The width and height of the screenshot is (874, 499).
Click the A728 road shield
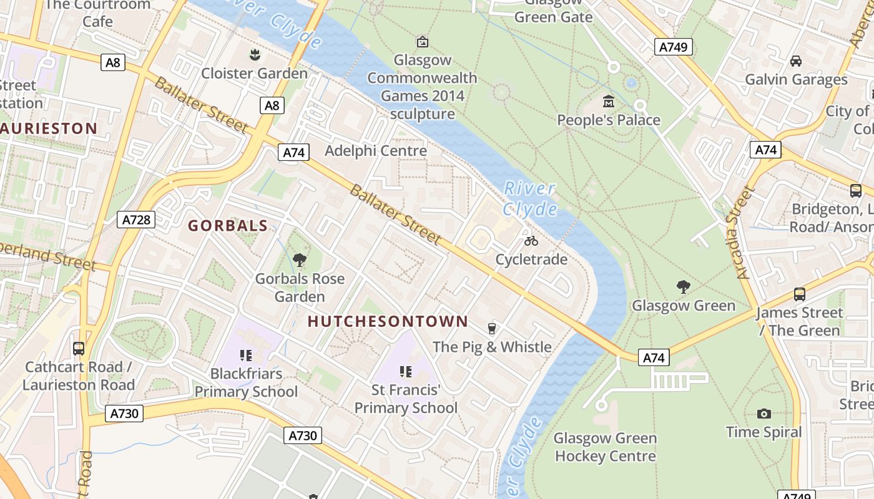point(135,220)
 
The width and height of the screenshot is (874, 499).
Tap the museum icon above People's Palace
point(609,101)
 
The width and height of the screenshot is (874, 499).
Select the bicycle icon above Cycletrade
point(531,241)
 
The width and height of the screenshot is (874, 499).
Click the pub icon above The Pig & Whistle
point(492,328)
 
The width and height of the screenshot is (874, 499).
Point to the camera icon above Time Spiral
point(764,414)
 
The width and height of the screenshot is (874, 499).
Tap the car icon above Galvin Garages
point(796,61)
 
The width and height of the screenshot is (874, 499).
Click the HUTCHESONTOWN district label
point(388,321)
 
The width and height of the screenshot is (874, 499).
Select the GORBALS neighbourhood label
point(228,226)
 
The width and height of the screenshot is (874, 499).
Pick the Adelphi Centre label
point(376,150)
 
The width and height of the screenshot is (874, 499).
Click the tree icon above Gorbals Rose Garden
point(300,260)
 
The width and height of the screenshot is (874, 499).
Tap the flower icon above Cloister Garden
point(254,55)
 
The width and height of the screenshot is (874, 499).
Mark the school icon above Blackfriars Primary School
point(246,356)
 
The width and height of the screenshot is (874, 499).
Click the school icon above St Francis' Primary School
point(406,372)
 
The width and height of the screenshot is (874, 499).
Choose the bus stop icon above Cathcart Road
point(79,349)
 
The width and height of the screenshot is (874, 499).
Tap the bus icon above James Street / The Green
point(799,294)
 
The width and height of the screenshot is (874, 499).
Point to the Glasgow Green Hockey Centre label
point(605,447)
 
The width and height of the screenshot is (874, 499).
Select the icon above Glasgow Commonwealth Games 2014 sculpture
point(423,42)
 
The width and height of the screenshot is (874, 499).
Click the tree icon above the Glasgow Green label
point(684,287)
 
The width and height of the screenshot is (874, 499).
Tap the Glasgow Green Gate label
point(553,12)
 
